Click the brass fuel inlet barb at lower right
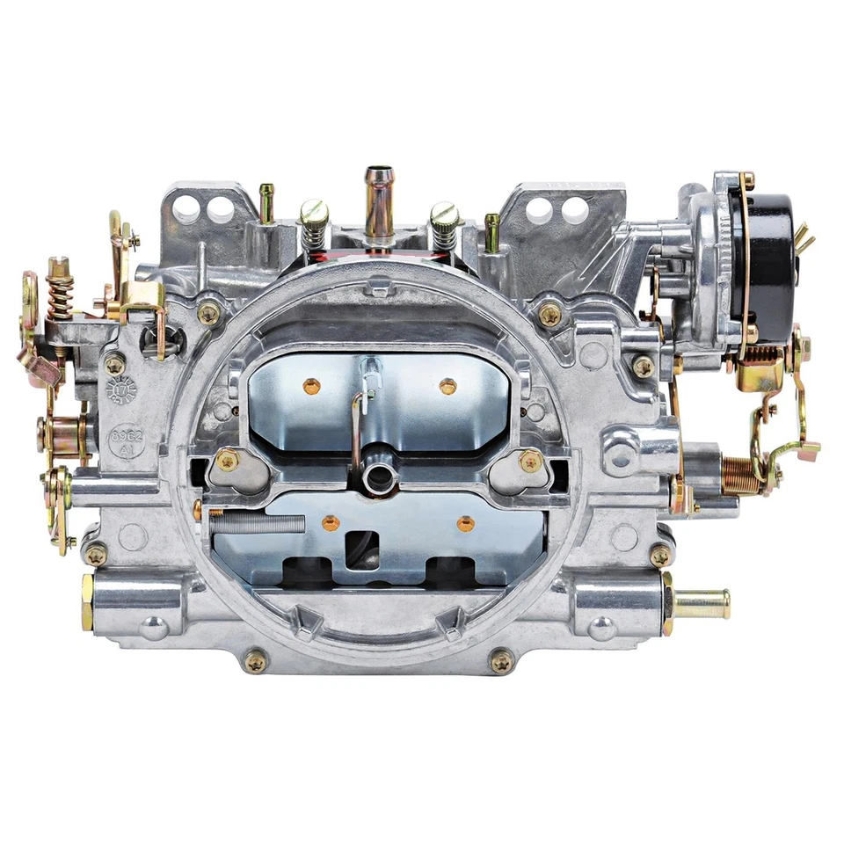click(701, 604)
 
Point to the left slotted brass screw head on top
click(313, 213)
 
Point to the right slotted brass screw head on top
click(443, 213)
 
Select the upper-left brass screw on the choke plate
click(311, 385)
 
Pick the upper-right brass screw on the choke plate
click(447, 385)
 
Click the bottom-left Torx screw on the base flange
click(256, 660)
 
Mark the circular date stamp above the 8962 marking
click(120, 389)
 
